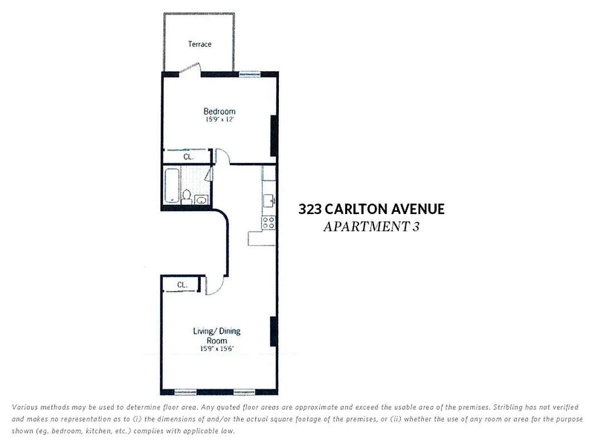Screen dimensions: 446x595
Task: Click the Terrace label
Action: point(200,44)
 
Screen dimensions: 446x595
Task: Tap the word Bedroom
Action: point(219,111)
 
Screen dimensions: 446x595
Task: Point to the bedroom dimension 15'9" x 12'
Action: point(219,119)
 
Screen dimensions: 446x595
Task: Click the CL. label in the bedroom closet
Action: point(188,157)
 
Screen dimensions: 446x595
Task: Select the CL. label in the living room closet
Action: point(182,285)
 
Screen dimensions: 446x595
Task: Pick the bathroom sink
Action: point(201,199)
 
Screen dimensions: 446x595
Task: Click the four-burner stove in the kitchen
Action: point(269,222)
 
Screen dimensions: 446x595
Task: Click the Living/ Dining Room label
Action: point(217,336)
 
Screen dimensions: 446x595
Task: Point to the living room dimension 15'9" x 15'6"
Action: point(217,349)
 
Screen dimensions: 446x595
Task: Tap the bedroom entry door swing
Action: point(221,156)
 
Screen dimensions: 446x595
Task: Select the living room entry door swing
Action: point(214,285)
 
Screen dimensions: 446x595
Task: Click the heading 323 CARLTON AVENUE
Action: point(371,209)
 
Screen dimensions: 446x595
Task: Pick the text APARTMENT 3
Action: point(371,227)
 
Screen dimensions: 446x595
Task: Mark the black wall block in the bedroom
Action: point(274,135)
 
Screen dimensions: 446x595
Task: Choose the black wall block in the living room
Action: point(274,331)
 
